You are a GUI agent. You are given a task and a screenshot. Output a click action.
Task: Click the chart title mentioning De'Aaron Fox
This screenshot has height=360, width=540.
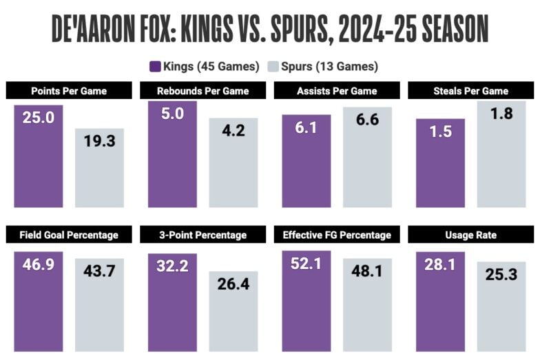click(x=270, y=29)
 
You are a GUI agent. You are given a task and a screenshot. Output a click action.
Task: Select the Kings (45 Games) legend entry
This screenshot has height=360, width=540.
click(x=204, y=67)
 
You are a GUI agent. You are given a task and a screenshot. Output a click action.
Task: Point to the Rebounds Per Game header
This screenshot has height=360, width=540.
click(x=202, y=91)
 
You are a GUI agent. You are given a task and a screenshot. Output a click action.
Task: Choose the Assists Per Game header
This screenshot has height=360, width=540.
click(x=336, y=91)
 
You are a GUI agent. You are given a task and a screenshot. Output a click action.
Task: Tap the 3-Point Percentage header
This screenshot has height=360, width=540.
click(x=202, y=235)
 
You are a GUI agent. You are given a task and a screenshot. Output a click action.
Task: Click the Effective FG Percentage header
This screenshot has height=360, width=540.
click(x=336, y=235)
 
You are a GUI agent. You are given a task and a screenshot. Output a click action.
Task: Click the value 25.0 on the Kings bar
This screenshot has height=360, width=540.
click(x=39, y=119)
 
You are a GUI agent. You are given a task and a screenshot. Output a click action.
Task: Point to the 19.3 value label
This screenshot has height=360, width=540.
click(x=99, y=142)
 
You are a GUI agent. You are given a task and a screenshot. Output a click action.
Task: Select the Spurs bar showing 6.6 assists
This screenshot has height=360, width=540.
click(x=367, y=158)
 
